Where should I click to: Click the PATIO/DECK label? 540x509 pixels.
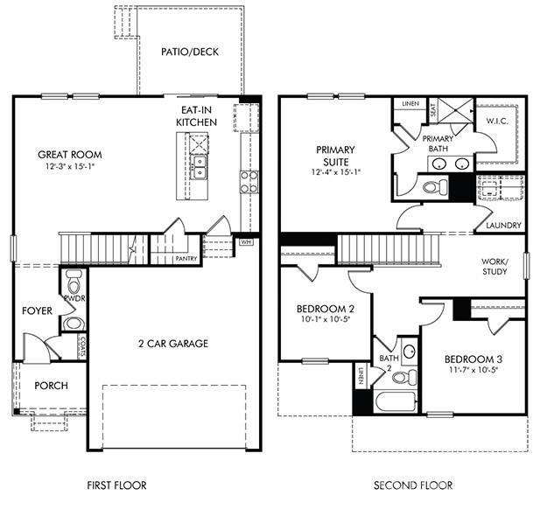click(189, 52)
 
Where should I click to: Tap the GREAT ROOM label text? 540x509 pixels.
click(69, 155)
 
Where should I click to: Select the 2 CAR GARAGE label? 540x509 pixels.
click(174, 344)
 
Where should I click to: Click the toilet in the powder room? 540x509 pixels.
click(74, 283)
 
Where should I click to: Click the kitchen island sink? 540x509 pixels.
click(200, 164)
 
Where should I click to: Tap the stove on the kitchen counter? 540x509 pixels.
click(249, 181)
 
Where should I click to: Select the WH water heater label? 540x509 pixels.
click(246, 241)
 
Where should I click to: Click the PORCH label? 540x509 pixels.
click(51, 386)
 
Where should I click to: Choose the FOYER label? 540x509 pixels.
click(37, 310)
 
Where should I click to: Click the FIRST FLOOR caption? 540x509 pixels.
click(116, 485)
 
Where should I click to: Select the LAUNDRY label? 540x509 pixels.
click(503, 226)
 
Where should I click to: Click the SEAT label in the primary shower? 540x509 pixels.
click(433, 110)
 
